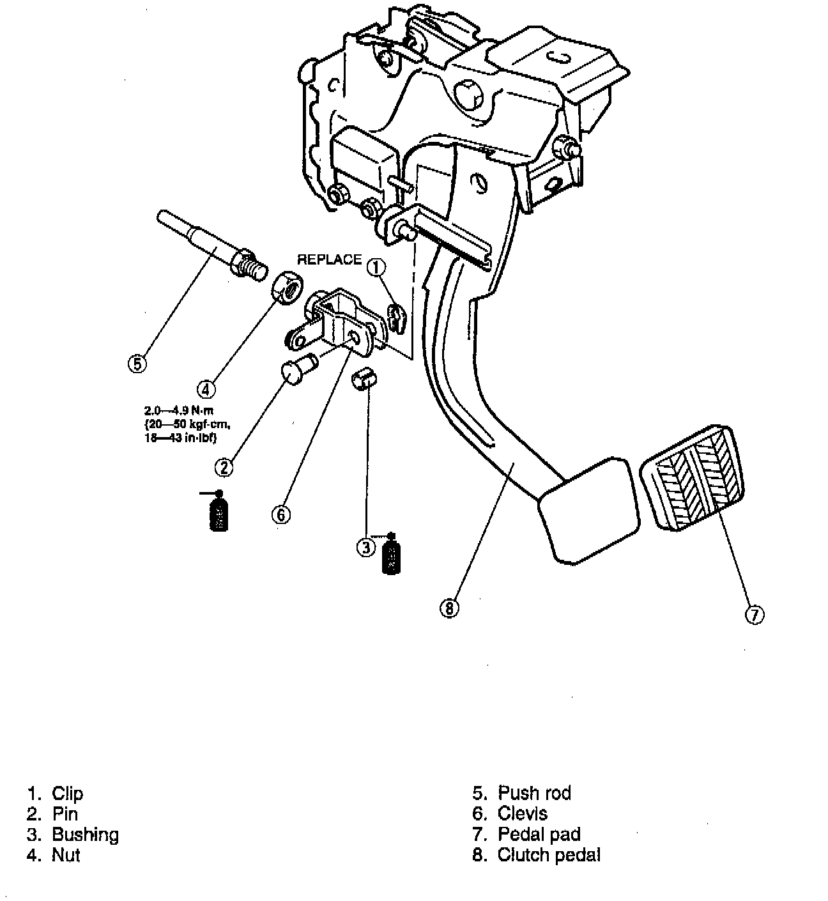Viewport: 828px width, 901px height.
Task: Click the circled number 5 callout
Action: tap(137, 364)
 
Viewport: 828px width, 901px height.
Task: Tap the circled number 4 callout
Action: tap(205, 388)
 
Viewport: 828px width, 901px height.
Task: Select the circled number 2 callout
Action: tap(224, 468)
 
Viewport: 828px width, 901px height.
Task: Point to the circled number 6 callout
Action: tap(281, 514)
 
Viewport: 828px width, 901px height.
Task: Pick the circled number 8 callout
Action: tap(449, 608)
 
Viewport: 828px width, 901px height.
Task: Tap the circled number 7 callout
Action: tap(755, 615)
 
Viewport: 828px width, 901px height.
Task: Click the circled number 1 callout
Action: tap(377, 267)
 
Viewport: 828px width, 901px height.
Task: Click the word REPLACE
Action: tap(329, 260)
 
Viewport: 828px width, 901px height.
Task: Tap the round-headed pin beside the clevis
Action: tap(295, 370)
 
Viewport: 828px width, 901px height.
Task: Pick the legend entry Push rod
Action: tap(534, 793)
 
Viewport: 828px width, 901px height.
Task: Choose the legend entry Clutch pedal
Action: tap(548, 854)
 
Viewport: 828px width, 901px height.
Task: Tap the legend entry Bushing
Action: tap(85, 835)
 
